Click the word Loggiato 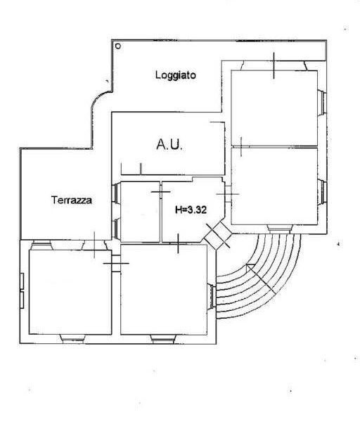[175, 75]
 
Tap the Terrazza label [72, 200]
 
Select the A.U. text [169, 144]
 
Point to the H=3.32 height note [191, 210]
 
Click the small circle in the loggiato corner [118, 46]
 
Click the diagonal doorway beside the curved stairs [218, 235]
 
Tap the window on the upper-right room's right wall [322, 103]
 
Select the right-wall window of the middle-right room [322, 192]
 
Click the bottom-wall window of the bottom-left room [73, 338]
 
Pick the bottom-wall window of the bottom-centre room [164, 339]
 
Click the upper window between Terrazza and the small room [116, 193]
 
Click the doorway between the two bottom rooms [116, 263]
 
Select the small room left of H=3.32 [140, 212]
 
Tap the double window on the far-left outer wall [22, 290]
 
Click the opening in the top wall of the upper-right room [274, 65]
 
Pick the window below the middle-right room [280, 229]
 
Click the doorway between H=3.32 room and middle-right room [228, 194]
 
